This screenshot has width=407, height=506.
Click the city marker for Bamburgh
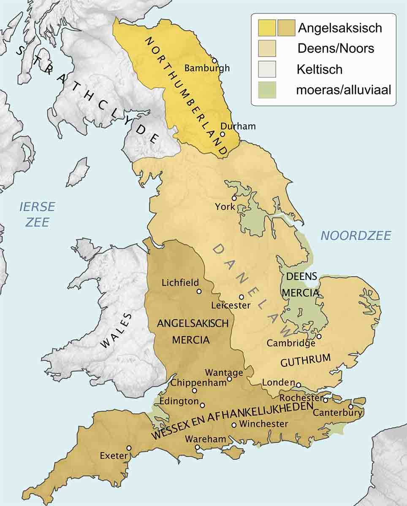214,60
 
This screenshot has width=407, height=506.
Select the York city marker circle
233,198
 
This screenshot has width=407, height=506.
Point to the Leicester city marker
241,297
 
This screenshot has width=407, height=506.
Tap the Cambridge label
291,343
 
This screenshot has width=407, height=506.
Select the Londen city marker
298,385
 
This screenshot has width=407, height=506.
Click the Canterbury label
337,412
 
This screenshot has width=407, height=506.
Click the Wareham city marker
197,447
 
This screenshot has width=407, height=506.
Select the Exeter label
114,455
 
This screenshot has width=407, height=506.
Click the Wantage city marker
229,379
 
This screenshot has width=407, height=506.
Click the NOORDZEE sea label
355,236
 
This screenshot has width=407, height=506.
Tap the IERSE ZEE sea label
37,214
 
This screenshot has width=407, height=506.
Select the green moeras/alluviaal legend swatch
267,89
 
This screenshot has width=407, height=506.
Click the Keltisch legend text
319,69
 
